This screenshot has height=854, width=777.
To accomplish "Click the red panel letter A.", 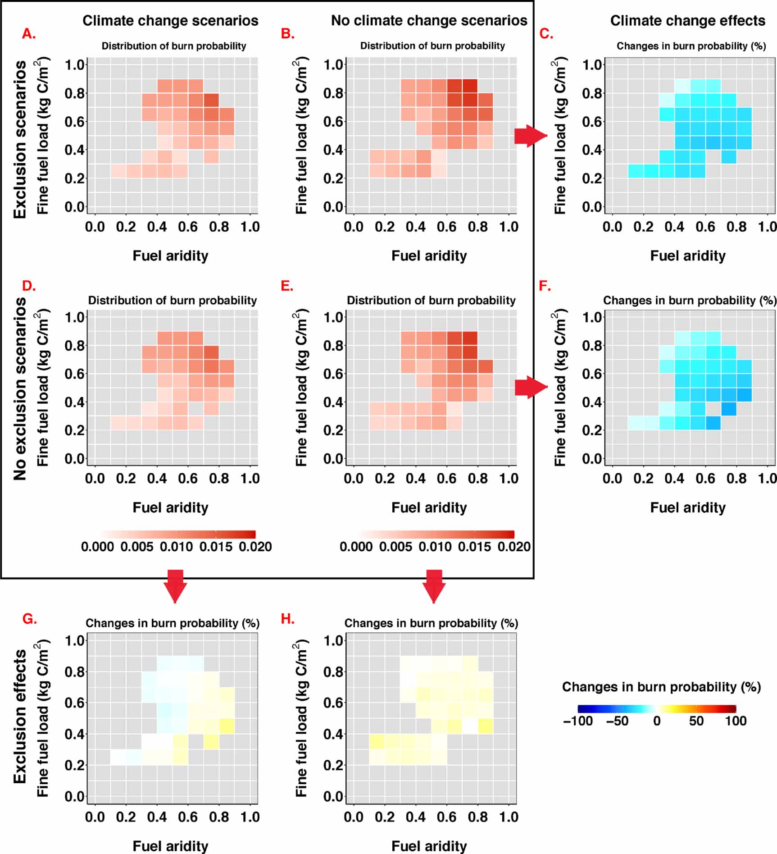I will (29, 33).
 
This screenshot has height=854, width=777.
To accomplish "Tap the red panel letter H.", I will (288, 619).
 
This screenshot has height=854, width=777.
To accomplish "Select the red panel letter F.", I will (545, 286).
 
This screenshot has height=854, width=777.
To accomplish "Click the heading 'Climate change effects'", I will (687, 21).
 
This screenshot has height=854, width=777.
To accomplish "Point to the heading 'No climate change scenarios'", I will (429, 21).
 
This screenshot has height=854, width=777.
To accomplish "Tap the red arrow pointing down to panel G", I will (175, 585).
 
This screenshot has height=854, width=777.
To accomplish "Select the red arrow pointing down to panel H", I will (434, 585).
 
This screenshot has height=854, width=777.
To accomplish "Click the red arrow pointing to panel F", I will (530, 387).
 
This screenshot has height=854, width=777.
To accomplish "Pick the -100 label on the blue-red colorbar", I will (577, 721).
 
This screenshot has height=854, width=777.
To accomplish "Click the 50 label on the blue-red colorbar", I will (696, 721).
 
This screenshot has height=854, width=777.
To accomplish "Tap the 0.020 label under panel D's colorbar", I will (255, 547).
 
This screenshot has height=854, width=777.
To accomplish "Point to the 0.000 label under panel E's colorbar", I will (356, 547).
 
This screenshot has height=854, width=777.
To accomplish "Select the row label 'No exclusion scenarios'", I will (20, 388).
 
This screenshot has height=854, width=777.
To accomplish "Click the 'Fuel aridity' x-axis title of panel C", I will (687, 256).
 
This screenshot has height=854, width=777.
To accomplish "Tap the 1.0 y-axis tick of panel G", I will (75, 640).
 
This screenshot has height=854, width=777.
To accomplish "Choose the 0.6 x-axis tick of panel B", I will (446, 227).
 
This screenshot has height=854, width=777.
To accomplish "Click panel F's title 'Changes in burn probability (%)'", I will (689, 300).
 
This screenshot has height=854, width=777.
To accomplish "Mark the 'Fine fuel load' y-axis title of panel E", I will (301, 388).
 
